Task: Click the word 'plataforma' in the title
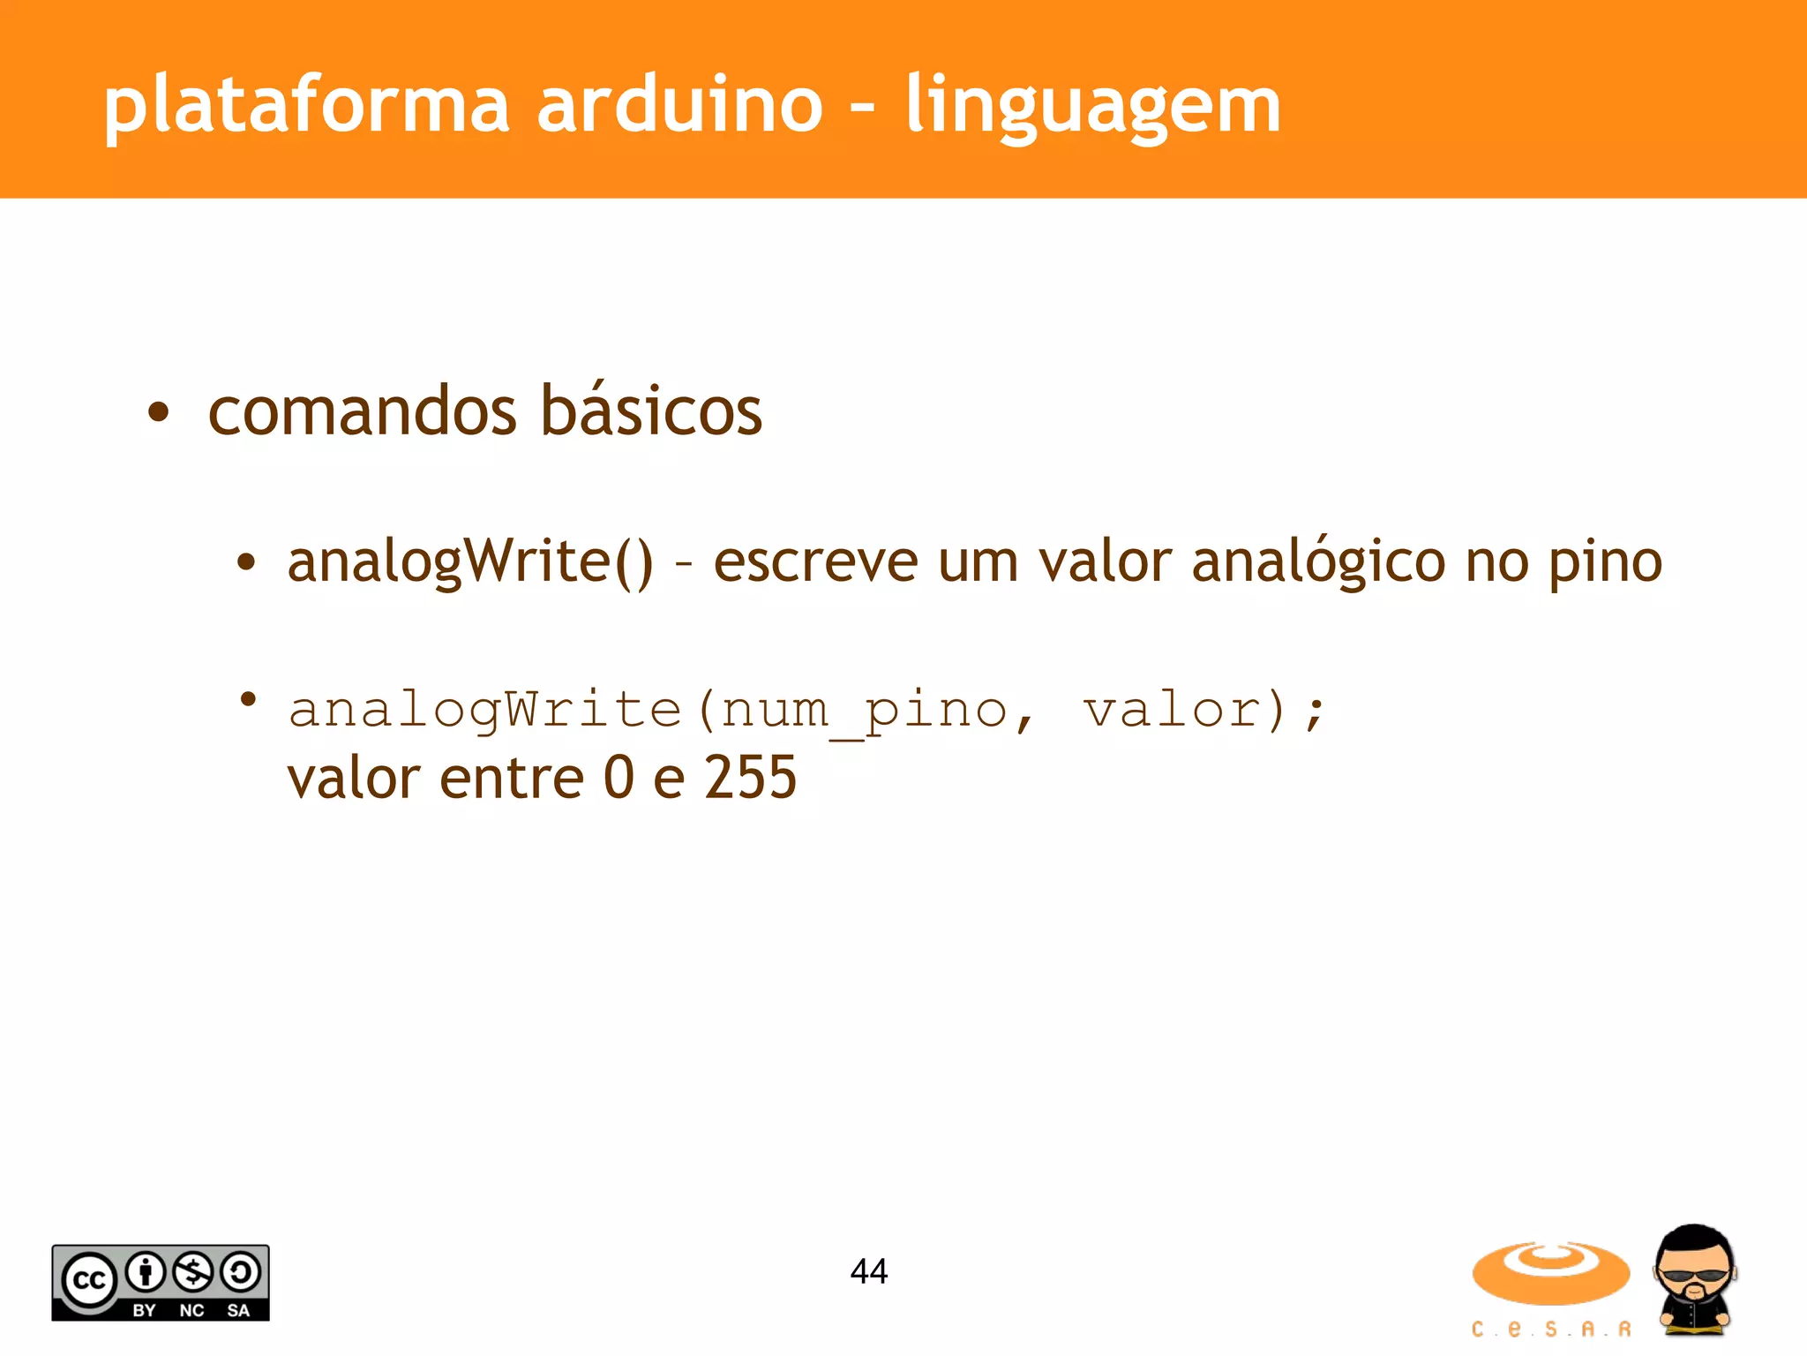click(x=306, y=105)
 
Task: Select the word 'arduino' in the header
click(x=679, y=105)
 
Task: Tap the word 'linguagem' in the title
click(x=1093, y=105)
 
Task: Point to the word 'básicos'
click(x=651, y=411)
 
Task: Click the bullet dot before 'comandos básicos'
click(x=159, y=412)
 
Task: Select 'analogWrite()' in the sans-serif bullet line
click(x=470, y=561)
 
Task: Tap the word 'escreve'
click(x=815, y=561)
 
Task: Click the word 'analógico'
click(x=1318, y=561)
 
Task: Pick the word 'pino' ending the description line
click(x=1606, y=561)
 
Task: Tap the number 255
click(x=750, y=778)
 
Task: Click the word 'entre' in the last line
click(x=512, y=778)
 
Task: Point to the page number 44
click(x=869, y=1271)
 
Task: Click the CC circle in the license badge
click(x=88, y=1279)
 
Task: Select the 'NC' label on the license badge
click(x=191, y=1311)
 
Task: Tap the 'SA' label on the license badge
click(x=238, y=1311)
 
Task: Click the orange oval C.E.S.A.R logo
click(x=1550, y=1273)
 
